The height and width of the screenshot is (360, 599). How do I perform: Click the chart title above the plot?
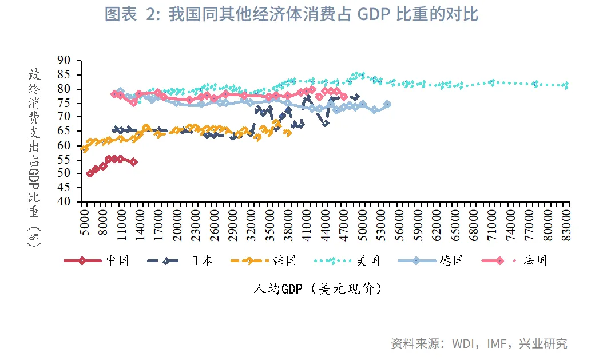click(291, 15)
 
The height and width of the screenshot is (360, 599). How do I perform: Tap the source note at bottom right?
click(479, 343)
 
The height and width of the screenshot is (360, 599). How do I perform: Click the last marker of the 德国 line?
click(387, 104)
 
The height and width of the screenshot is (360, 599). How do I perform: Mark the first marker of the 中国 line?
click(90, 173)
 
